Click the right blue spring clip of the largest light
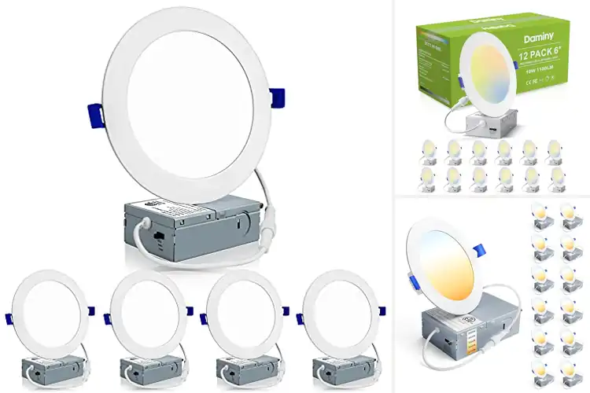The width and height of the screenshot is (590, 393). point(276,99)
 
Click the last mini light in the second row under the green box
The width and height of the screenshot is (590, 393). point(555,178)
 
